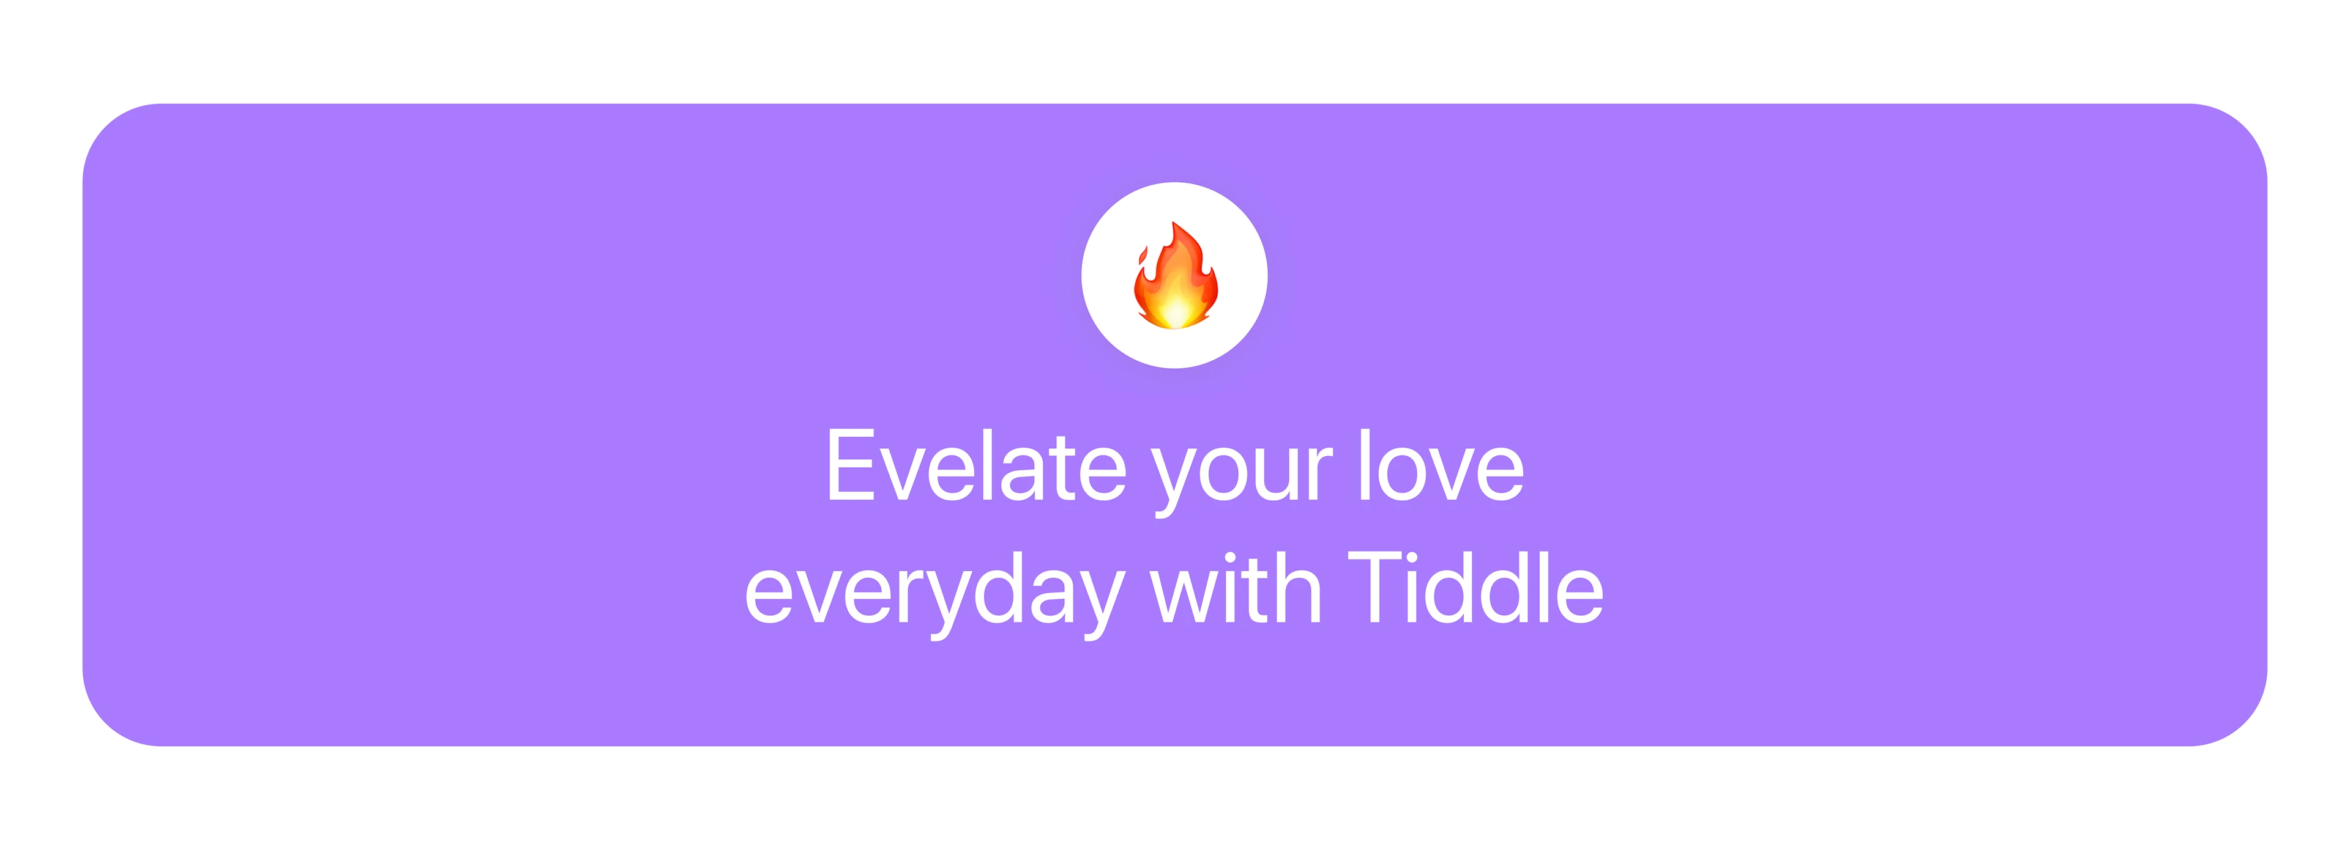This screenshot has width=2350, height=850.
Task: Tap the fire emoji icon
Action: (1175, 275)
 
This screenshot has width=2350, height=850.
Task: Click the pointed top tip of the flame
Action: (1174, 223)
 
